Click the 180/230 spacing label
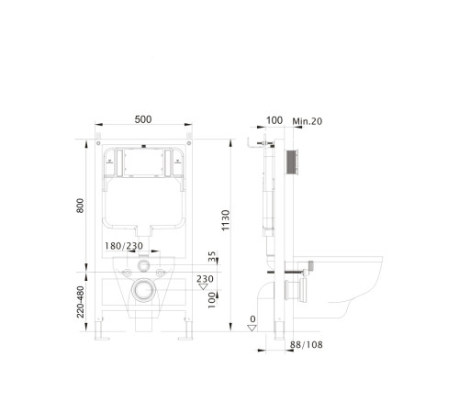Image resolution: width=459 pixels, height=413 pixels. pyautogui.click(x=124, y=246)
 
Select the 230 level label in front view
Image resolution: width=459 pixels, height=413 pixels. pyautogui.click(x=205, y=279)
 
